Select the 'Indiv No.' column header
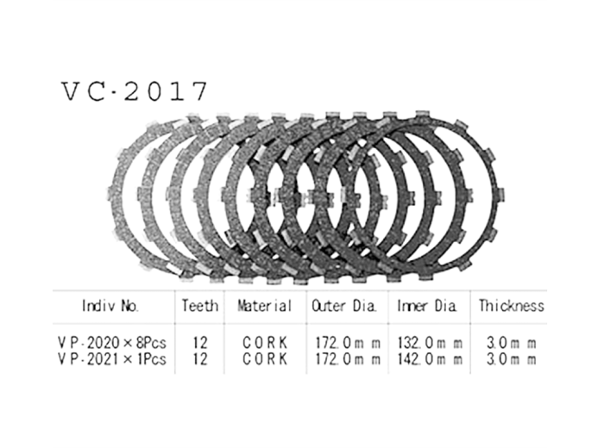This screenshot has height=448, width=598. pyautogui.click(x=111, y=306)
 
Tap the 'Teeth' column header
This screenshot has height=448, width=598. pyautogui.click(x=200, y=306)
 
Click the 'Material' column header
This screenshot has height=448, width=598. pyautogui.click(x=264, y=306)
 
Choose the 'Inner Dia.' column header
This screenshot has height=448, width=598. pyautogui.click(x=428, y=306)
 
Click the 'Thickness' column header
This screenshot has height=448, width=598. pyautogui.click(x=512, y=306)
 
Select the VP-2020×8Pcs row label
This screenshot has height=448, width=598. pyautogui.click(x=112, y=343)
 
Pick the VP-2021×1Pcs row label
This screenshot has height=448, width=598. pyautogui.click(x=112, y=358)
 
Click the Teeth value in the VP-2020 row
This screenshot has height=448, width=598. pyautogui.click(x=201, y=343)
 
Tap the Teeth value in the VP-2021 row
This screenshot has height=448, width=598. pyautogui.click(x=201, y=358)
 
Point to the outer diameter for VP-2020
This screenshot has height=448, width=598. pyautogui.click(x=344, y=343)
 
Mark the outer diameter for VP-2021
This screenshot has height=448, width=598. pyautogui.click(x=344, y=358)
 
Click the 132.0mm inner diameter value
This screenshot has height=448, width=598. pyautogui.click(x=429, y=343)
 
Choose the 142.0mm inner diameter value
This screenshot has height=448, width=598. pyautogui.click(x=429, y=358)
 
